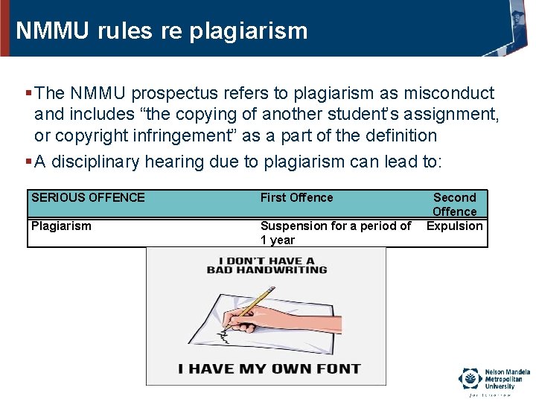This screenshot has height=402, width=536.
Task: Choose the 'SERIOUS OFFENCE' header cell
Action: point(88,198)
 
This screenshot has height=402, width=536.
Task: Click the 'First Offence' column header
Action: point(296,198)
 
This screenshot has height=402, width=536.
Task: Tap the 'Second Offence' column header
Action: point(454,204)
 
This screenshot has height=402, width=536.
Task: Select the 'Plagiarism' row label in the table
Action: point(61,226)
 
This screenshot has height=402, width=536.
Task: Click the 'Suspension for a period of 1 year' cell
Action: point(335,233)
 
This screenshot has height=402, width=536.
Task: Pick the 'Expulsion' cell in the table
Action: point(454,226)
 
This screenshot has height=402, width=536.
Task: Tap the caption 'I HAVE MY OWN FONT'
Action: point(269,368)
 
